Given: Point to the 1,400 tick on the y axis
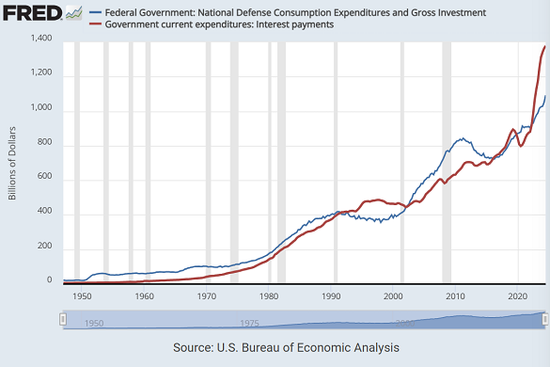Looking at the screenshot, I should click(x=39, y=39).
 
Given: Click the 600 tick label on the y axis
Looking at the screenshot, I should click(x=42, y=178).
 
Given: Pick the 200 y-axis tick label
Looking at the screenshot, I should click(x=42, y=247).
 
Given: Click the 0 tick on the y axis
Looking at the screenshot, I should click(x=48, y=280).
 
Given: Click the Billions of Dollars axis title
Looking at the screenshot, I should click(x=13, y=161).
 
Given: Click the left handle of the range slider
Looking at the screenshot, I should click(x=63, y=320).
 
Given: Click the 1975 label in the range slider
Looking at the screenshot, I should click(x=250, y=323).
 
